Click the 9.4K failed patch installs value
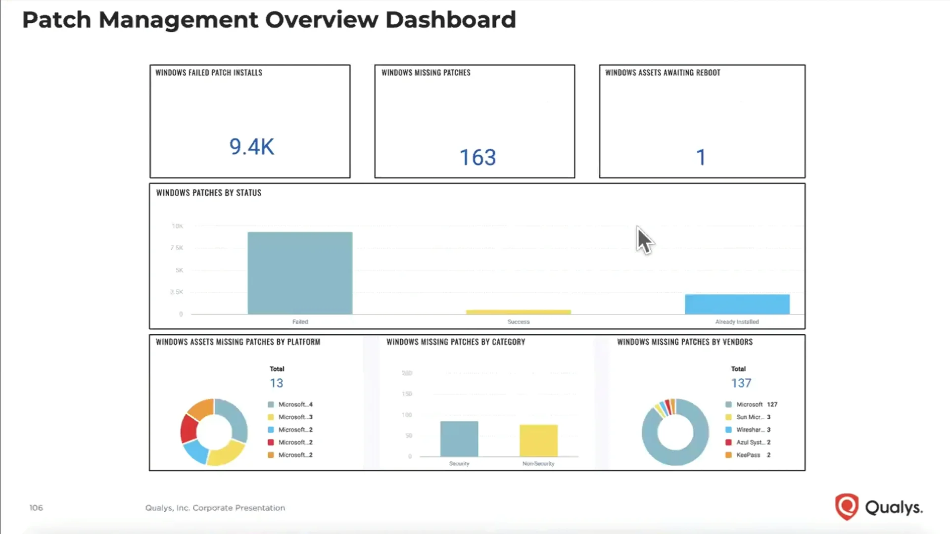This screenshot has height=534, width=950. [251, 147]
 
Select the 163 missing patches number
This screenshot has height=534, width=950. [477, 158]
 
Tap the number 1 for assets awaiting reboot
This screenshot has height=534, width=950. [701, 158]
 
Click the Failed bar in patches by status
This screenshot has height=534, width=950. [300, 273]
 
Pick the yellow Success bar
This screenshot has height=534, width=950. [518, 312]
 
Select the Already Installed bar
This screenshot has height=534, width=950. [737, 304]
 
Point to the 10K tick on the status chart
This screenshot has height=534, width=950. [177, 226]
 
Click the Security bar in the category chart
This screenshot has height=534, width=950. [459, 439]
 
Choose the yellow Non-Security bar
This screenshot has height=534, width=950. [538, 440]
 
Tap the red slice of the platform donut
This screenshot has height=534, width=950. [189, 428]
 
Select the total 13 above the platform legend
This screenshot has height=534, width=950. [276, 383]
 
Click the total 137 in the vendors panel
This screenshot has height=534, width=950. [741, 383]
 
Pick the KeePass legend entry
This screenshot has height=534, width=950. [748, 455]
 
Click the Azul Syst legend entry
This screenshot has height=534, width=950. [749, 443]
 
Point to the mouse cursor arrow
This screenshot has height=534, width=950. [644, 240]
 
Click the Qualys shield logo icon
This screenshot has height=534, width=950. [846, 507]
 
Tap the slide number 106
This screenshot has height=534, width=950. [36, 508]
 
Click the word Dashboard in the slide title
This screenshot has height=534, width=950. [450, 20]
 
